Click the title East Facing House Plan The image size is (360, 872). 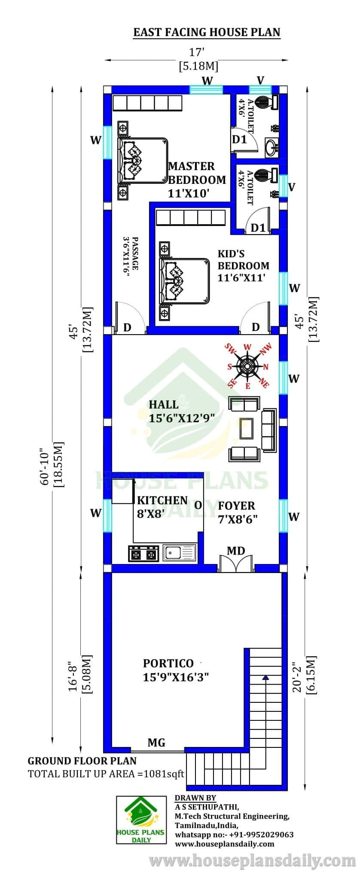coord(207,32)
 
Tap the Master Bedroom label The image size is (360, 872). coord(197,179)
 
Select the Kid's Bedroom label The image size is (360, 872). coord(243,265)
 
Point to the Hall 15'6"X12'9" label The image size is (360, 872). coord(182,411)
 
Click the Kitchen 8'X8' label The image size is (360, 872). coord(162,506)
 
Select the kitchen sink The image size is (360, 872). coord(179,553)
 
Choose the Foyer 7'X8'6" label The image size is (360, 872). coord(238,512)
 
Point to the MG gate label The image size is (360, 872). coord(156,742)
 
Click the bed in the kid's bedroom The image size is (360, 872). coord(184,281)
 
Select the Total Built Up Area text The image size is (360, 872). coord(106,774)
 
